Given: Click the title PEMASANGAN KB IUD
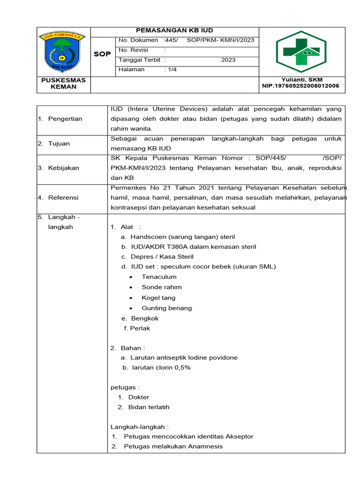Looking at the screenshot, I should pyautogui.click(x=174, y=31).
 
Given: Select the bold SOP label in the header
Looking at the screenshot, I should pyautogui.click(x=102, y=54).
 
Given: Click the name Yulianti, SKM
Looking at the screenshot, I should pyautogui.click(x=302, y=80).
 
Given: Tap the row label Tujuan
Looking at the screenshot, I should pyautogui.click(x=59, y=143).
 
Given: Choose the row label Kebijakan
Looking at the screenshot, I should pyautogui.click(x=63, y=168).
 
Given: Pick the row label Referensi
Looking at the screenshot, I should pyautogui.click(x=63, y=198).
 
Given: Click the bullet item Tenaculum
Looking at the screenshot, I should pyautogui.click(x=159, y=277).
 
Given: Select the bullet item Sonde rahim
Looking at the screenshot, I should pyautogui.click(x=161, y=287).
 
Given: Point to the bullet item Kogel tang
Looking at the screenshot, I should pyautogui.click(x=158, y=298).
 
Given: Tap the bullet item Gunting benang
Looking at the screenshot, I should pyautogui.click(x=166, y=308).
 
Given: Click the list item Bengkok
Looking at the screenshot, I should pyautogui.click(x=144, y=318).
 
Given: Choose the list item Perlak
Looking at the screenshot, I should pyautogui.click(x=140, y=329).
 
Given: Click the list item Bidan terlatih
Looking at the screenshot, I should pyautogui.click(x=149, y=407).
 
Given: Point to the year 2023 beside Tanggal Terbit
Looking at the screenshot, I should pyautogui.click(x=229, y=60).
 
